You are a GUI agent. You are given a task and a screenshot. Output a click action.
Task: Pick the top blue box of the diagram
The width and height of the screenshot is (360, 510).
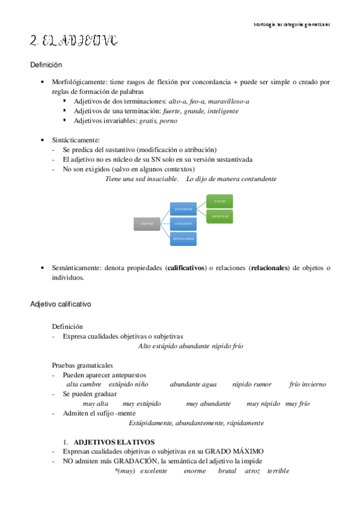click(x=183, y=209)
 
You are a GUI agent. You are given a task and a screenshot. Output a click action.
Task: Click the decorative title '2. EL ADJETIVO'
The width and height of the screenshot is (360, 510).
click(x=74, y=41)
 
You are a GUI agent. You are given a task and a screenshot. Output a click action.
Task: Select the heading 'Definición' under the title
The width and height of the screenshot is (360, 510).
click(x=46, y=64)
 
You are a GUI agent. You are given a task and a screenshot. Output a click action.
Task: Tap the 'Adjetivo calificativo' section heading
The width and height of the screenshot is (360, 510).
click(x=61, y=305)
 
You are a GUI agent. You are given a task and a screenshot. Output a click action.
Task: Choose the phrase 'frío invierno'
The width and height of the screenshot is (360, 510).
click(x=307, y=384)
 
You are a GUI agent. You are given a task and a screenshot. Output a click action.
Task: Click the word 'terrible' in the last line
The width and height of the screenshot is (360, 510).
click(x=278, y=471)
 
